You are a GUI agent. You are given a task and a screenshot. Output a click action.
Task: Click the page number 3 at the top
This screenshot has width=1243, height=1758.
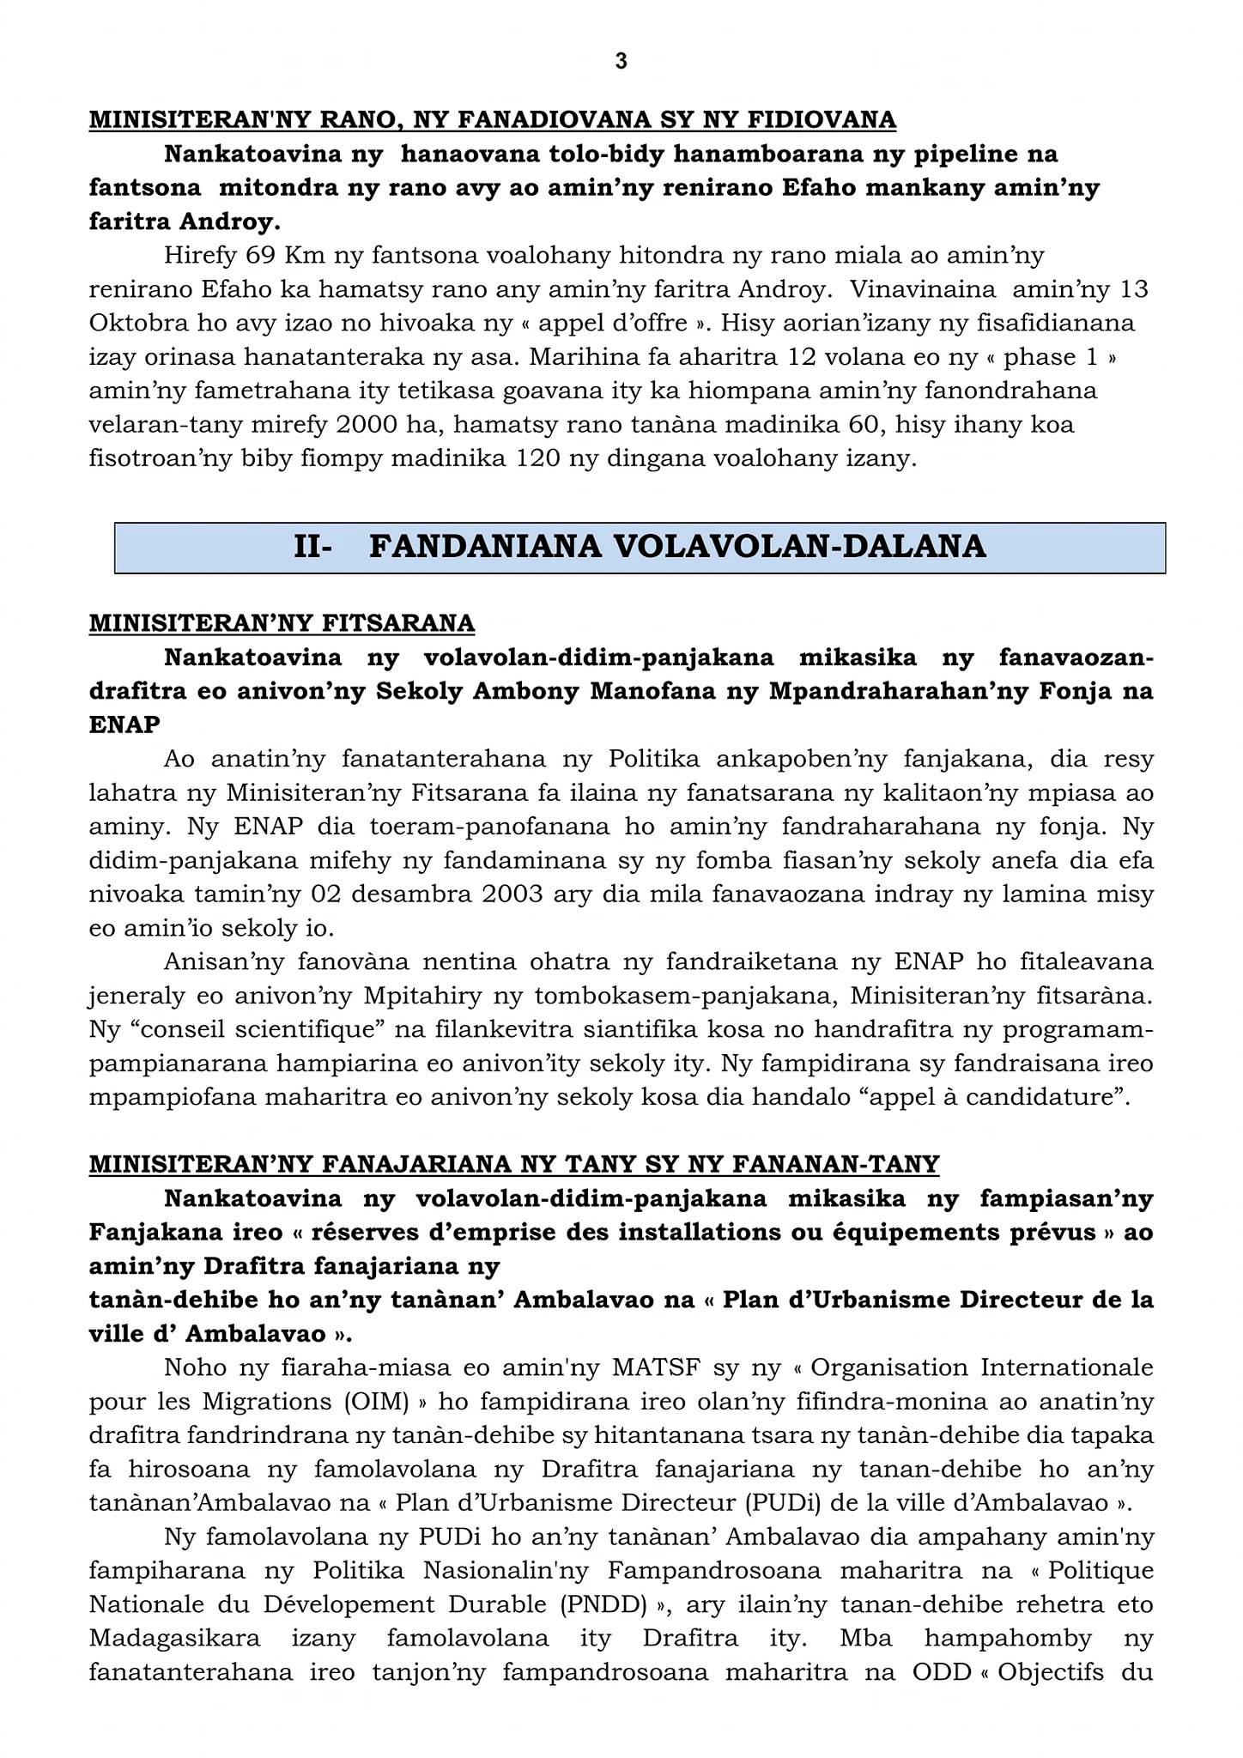[x=621, y=61]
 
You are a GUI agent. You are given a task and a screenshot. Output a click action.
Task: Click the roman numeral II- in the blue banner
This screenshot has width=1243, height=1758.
[x=312, y=547]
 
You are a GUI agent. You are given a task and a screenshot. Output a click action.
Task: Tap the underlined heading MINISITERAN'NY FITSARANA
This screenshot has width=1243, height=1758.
[x=282, y=622]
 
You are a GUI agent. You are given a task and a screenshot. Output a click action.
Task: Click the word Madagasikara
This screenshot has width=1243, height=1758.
[x=175, y=1638]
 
